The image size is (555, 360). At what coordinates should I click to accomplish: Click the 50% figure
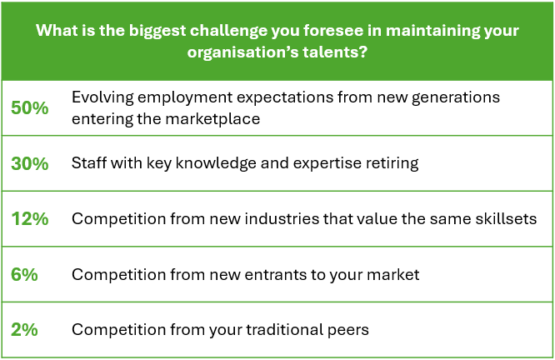[30, 107]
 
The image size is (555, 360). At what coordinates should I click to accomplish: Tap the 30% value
[30, 163]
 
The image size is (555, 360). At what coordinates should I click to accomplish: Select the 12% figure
[30, 219]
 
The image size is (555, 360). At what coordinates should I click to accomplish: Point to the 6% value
[24, 274]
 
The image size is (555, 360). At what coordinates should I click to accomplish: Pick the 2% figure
[24, 329]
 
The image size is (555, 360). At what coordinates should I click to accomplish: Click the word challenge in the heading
[228, 32]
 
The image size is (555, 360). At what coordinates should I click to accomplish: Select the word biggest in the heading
[157, 32]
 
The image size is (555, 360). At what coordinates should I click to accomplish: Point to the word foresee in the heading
[333, 31]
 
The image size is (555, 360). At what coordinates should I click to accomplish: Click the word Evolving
[102, 97]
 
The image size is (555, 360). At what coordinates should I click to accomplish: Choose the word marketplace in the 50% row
[212, 119]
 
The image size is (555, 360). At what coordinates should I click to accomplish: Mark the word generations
[456, 97]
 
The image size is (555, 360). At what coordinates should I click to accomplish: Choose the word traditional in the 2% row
[284, 329]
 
